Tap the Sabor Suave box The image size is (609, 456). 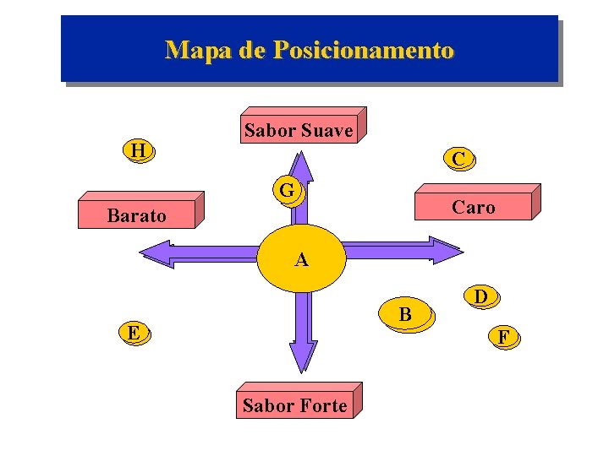tap(299, 130)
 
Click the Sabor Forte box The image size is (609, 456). tap(295, 404)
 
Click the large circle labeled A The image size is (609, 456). tap(301, 258)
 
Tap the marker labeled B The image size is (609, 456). tap(406, 315)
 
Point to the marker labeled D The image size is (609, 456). tap(480, 297)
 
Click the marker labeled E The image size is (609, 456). tap(132, 333)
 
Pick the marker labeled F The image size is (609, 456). tap(504, 338)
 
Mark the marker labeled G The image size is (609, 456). tap(288, 191)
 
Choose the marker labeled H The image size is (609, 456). tap(139, 151)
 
